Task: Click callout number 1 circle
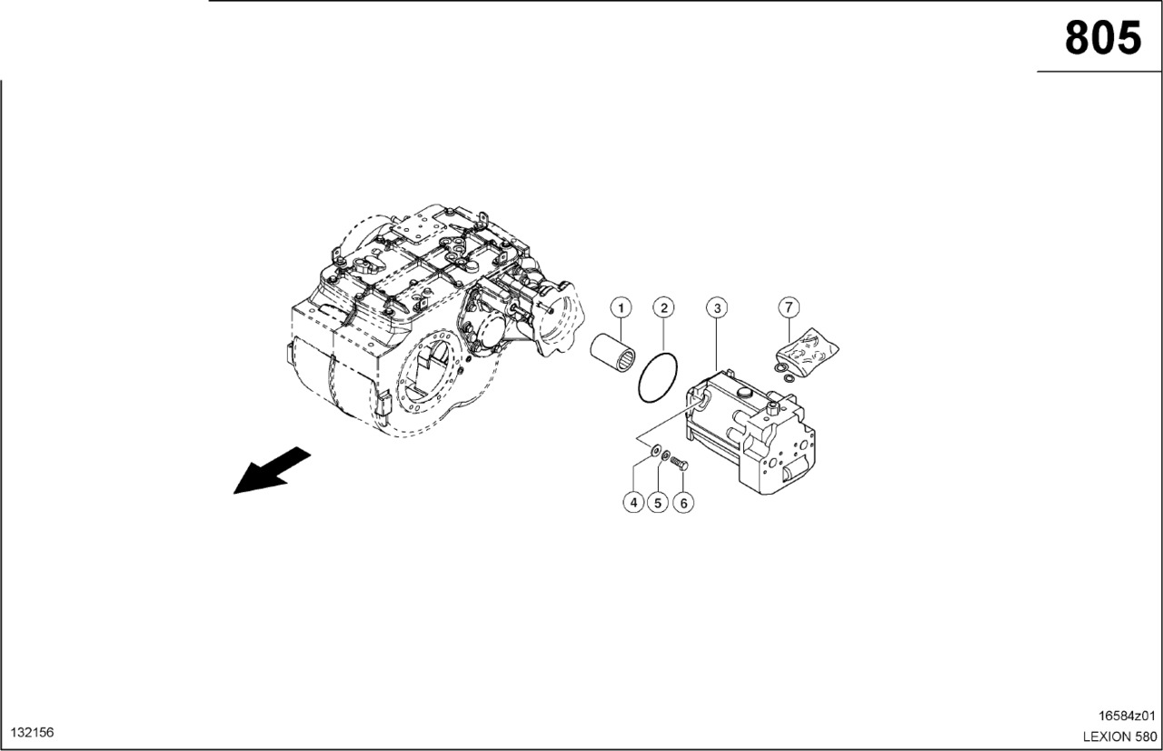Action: pos(621,308)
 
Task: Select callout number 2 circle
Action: pos(663,308)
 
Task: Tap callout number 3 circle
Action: pos(717,308)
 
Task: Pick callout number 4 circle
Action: pos(633,502)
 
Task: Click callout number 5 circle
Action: pos(658,502)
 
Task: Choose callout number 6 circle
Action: pos(683,502)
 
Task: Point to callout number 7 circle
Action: pos(789,307)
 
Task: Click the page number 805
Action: pos(1103,38)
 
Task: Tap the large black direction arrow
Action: pos(272,471)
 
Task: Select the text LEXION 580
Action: pos(1120,736)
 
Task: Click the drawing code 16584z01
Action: pos(1126,716)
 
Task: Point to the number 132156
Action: pos(32,733)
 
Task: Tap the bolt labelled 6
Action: pos(679,462)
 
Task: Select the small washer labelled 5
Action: pos(665,456)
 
